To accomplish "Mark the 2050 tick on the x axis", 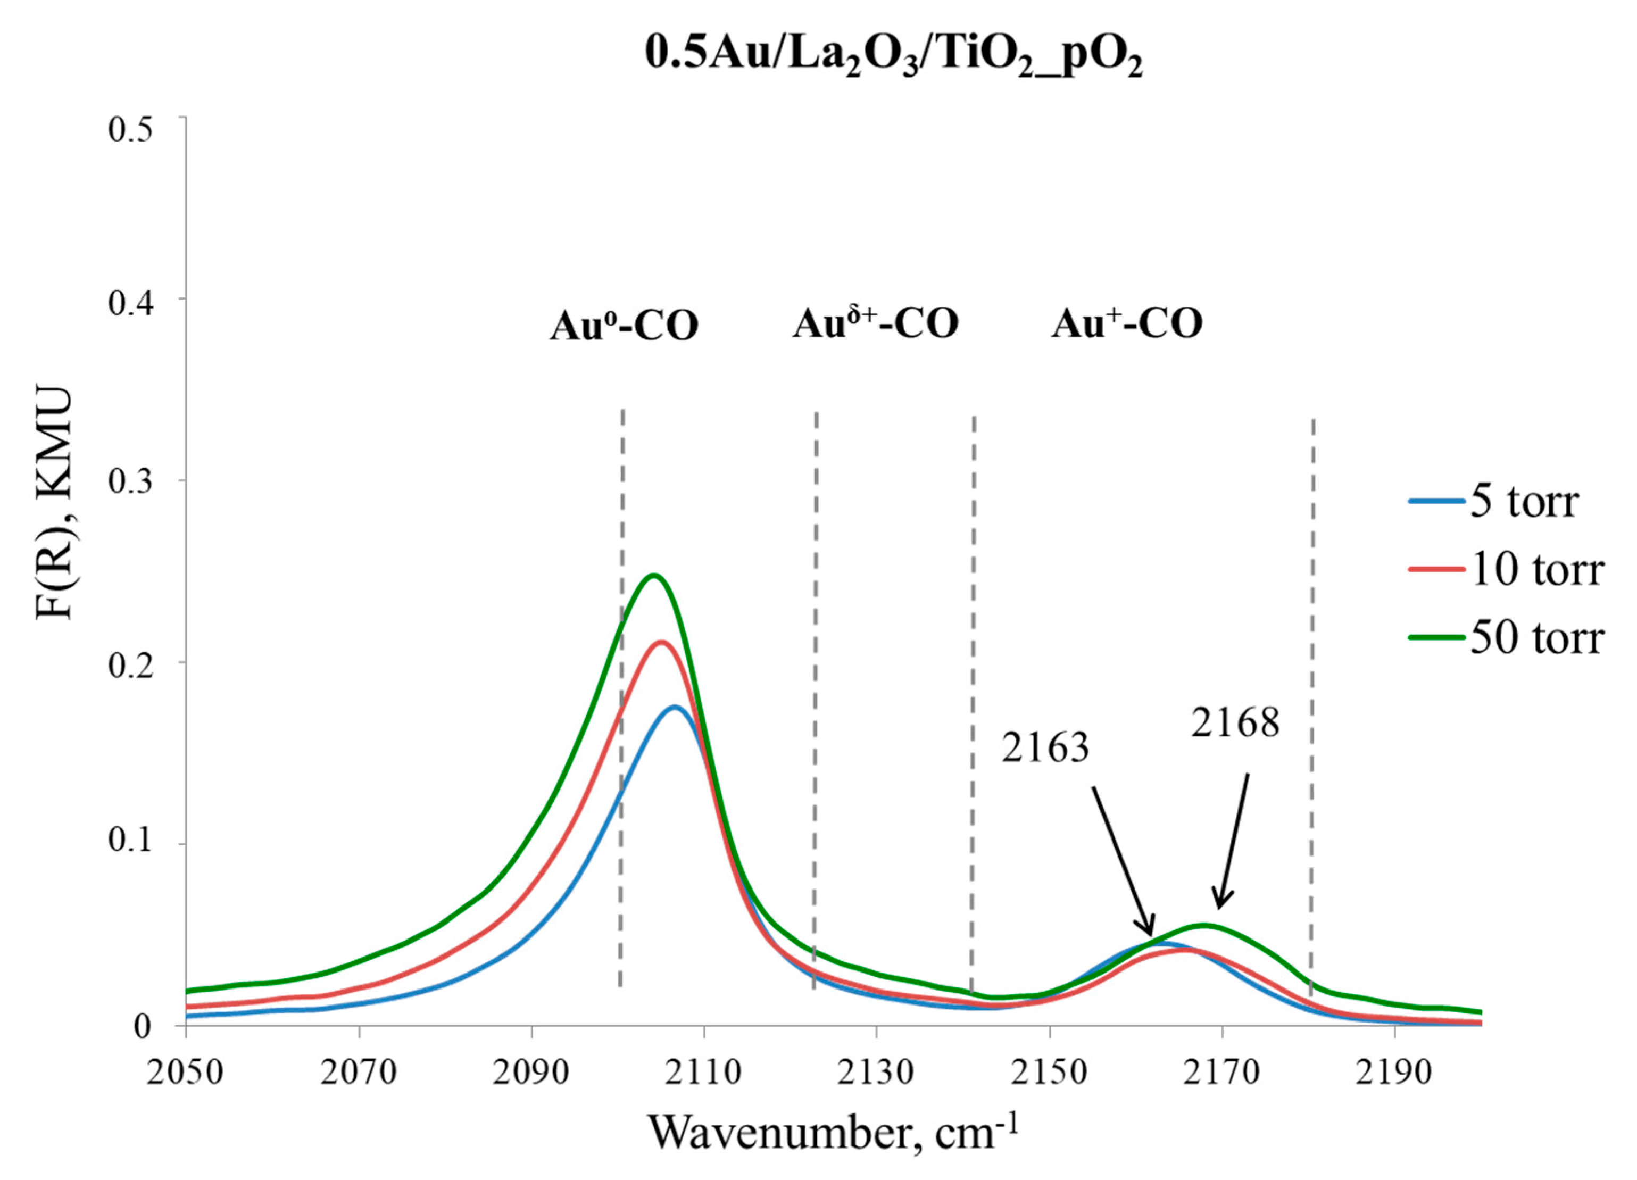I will (x=186, y=1073).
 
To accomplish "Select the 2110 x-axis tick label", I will (x=704, y=1073).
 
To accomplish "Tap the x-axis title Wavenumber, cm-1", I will (x=834, y=1132).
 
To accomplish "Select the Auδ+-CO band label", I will (x=876, y=324).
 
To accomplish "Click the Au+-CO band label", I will (x=1127, y=324).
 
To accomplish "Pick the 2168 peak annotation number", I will (x=1235, y=722).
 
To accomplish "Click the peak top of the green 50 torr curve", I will (x=653, y=575).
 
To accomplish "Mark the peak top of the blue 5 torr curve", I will (x=675, y=707).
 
